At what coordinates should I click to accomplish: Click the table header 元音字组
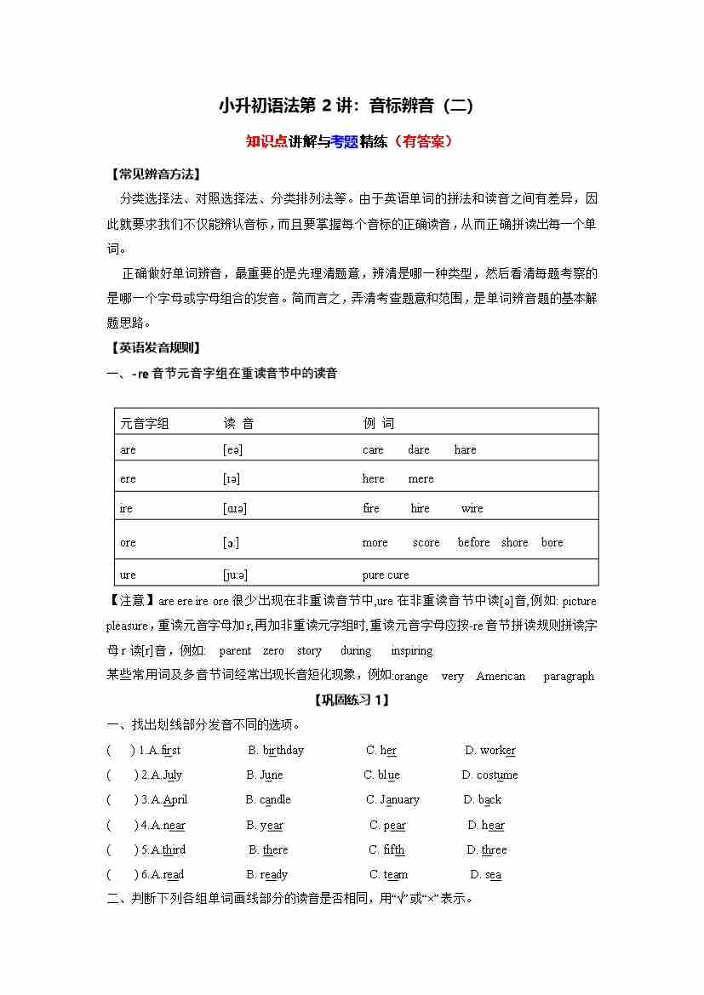point(145,423)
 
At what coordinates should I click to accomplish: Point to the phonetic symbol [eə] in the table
point(232,450)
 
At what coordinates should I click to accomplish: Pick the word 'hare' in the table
point(465,450)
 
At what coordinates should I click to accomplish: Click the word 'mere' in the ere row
point(421,479)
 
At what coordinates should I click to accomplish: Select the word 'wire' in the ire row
point(472,509)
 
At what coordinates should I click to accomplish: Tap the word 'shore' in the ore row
point(514,542)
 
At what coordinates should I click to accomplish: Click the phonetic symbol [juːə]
point(235,575)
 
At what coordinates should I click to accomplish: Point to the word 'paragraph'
point(568,677)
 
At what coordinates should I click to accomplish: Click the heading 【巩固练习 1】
point(352,700)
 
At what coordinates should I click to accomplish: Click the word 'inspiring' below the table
point(411,651)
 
